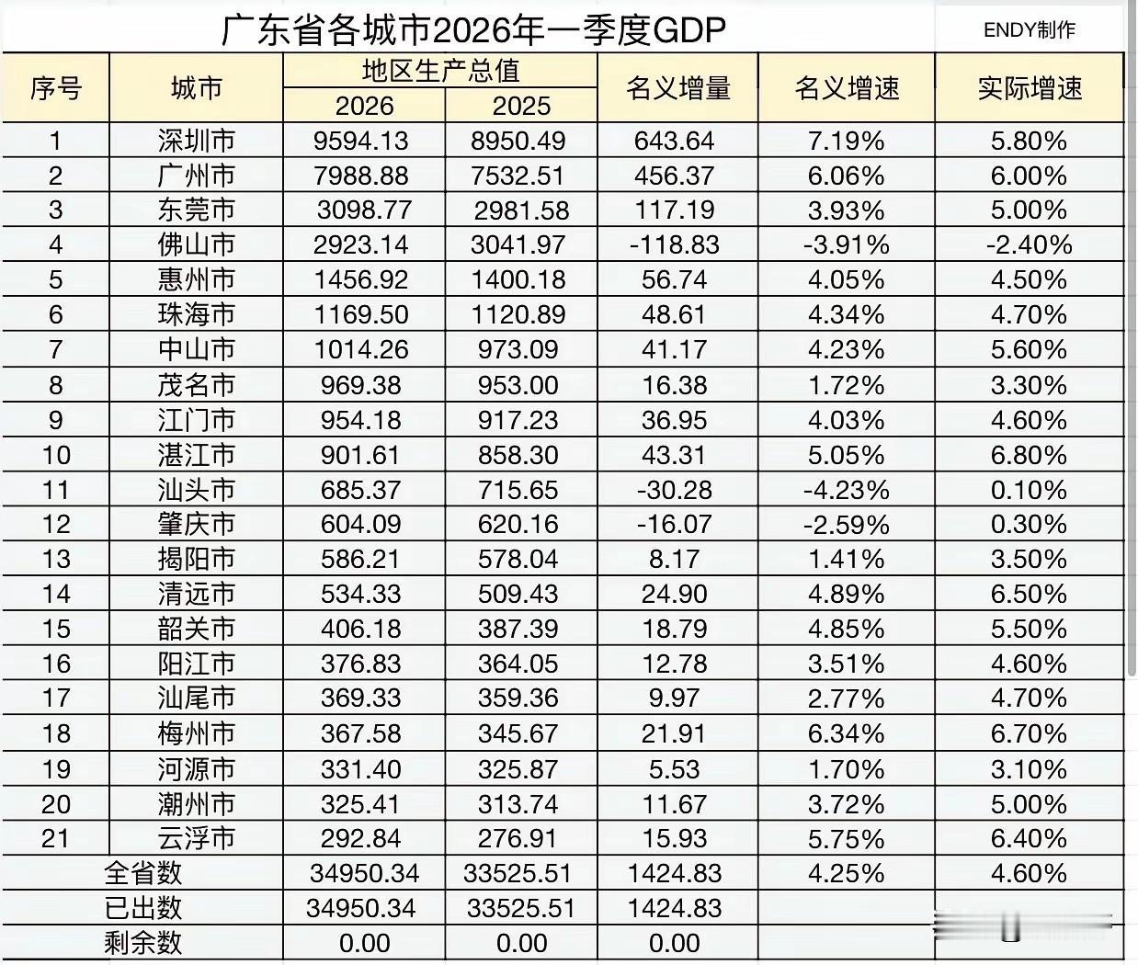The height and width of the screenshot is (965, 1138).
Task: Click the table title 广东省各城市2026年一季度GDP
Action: click(473, 30)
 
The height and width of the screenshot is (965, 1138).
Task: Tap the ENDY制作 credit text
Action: click(1029, 30)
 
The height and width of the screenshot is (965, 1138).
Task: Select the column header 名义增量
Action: click(677, 89)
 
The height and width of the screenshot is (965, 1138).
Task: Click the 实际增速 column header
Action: click(1029, 89)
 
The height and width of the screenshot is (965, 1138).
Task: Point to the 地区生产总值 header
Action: click(440, 71)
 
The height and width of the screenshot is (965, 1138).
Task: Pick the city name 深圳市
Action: click(196, 141)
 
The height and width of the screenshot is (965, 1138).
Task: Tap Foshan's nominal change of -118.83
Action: click(677, 245)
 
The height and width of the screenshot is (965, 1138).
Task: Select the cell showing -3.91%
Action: click(846, 245)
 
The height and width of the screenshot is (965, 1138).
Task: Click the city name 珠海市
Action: click(196, 315)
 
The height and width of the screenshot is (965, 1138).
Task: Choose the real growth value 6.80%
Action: click(1029, 455)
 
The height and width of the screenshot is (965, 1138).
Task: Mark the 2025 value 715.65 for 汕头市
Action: click(520, 490)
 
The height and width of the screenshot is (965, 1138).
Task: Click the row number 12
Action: click(56, 525)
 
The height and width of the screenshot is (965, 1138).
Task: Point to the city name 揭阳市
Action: click(196, 560)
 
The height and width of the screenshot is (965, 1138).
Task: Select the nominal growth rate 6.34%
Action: click(846, 734)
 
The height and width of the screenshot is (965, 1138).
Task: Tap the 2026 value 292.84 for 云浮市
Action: click(360, 839)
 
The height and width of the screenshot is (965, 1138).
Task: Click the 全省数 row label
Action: click(143, 874)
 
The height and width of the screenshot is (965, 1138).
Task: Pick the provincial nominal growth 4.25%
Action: click(846, 874)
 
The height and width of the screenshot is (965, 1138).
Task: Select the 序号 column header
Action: click(56, 89)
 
